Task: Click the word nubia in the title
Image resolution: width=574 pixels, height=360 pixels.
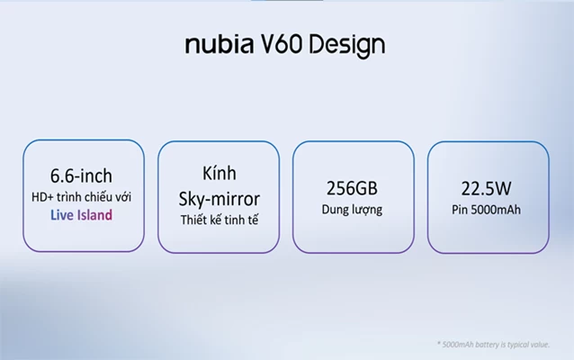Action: pos(220,44)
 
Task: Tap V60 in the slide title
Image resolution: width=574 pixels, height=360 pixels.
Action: pos(283,44)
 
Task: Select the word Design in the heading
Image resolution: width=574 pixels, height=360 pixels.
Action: pos(347,46)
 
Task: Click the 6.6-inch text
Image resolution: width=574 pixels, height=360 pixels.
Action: pos(81,175)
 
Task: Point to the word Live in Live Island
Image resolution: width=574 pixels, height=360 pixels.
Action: pos(62,215)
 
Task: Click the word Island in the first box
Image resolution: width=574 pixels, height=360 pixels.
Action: pos(94,215)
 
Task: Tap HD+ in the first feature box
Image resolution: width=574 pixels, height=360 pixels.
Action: pos(42,197)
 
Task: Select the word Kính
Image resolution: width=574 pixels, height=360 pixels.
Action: pos(220,173)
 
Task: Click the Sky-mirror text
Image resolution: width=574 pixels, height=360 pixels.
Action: pos(220,199)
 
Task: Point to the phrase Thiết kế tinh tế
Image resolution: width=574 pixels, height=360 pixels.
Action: pos(220,220)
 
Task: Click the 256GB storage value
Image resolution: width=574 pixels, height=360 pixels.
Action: pos(352,188)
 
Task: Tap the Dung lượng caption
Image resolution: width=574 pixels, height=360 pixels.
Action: pos(352,210)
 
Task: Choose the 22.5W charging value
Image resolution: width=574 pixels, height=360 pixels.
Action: pos(486,189)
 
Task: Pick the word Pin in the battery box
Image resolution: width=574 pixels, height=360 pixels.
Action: pos(460,210)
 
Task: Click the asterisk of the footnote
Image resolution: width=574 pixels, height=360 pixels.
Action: pos(438,344)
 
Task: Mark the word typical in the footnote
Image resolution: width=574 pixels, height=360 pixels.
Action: pos(519,345)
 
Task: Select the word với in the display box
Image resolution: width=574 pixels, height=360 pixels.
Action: pos(123,197)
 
